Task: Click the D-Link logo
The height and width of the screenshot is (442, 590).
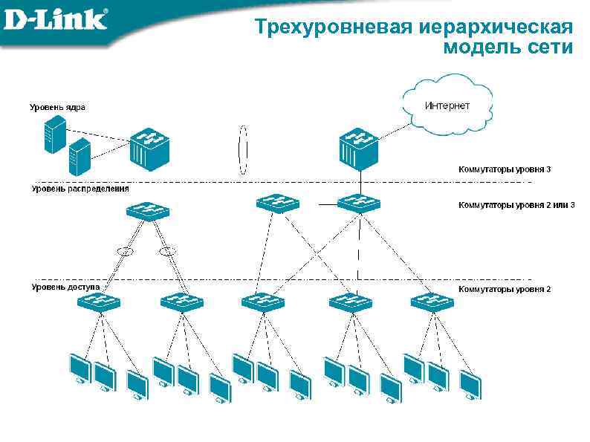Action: [56, 19]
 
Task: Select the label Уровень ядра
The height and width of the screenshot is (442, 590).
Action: [57, 107]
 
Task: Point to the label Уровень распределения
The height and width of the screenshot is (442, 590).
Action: [80, 189]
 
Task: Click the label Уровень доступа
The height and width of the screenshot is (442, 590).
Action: [65, 286]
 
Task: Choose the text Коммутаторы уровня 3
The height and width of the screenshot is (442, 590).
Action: [505, 169]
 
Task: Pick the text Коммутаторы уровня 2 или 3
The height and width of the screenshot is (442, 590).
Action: [516, 204]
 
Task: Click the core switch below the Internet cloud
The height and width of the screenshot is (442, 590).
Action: [360, 149]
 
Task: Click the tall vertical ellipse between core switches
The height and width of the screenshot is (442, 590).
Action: [241, 149]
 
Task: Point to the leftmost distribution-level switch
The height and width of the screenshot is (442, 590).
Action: [149, 210]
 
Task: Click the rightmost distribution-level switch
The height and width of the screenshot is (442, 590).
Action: [358, 203]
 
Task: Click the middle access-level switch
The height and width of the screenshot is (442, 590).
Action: [262, 302]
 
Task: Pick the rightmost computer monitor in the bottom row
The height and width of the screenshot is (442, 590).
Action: [470, 384]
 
